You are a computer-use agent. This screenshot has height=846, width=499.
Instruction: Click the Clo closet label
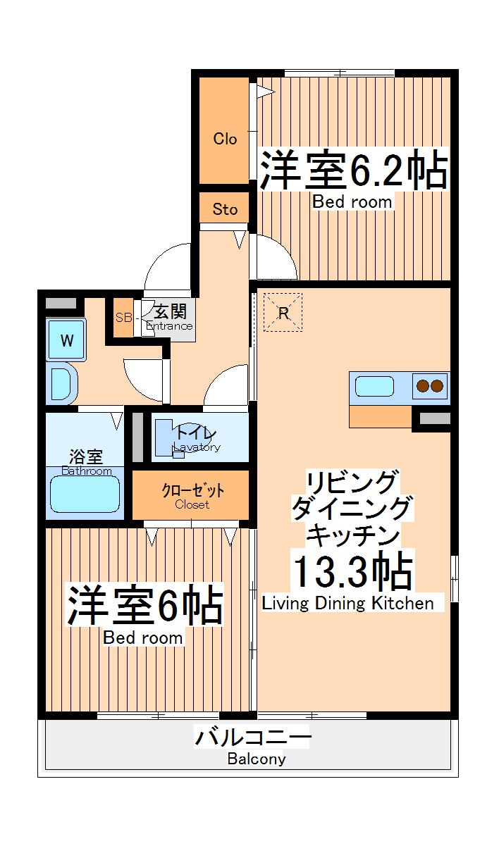[225, 139]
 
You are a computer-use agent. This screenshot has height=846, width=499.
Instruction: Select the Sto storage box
[225, 209]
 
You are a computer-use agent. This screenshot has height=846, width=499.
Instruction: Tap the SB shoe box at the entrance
[123, 317]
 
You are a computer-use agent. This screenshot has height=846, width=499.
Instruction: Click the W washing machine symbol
[66, 341]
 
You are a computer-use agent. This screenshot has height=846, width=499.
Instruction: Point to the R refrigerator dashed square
[283, 313]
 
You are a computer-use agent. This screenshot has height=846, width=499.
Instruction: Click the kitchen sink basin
[374, 386]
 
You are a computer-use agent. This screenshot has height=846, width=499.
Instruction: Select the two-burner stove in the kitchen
[430, 386]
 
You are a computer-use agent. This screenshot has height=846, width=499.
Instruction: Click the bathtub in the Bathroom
[84, 494]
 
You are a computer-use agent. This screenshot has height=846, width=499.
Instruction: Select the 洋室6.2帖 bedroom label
[353, 170]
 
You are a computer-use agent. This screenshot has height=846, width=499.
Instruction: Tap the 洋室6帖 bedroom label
[144, 605]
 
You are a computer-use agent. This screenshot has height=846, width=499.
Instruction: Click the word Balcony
[257, 759]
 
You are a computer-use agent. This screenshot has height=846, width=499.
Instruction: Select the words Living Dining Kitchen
[347, 603]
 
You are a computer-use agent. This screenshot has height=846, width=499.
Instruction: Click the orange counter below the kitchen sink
[380, 416]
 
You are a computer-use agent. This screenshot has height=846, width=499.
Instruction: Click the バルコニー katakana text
[253, 738]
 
